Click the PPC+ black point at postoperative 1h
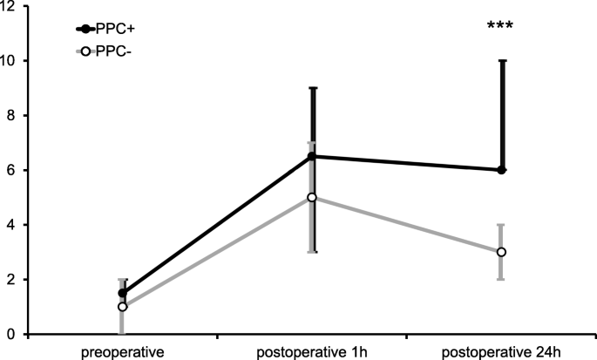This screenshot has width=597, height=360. click(312, 156)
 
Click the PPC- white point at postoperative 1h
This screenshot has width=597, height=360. click(312, 197)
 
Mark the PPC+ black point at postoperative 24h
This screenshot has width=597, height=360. click(501, 170)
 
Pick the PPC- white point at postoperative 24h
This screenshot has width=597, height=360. click(501, 252)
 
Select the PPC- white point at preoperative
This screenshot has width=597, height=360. click(122, 307)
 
